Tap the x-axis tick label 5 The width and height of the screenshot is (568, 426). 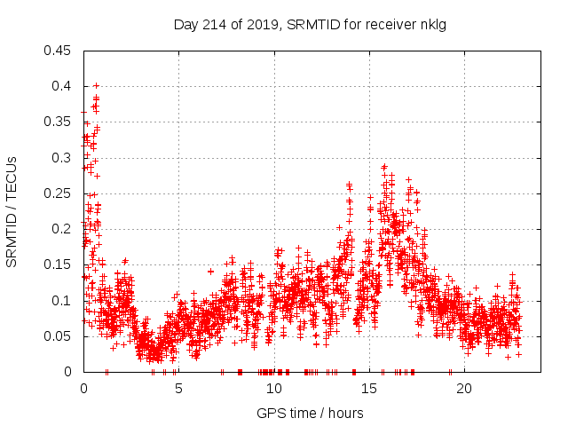pyautogui.click(x=178, y=389)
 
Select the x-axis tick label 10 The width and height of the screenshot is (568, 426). pyautogui.click(x=273, y=389)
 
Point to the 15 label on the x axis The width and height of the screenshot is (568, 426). pyautogui.click(x=368, y=389)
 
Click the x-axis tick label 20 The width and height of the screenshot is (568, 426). pyautogui.click(x=463, y=389)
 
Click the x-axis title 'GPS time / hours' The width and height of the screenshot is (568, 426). pyautogui.click(x=310, y=413)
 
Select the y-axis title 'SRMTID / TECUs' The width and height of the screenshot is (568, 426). pyautogui.click(x=12, y=211)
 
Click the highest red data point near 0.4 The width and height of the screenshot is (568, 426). pyautogui.click(x=96, y=86)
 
